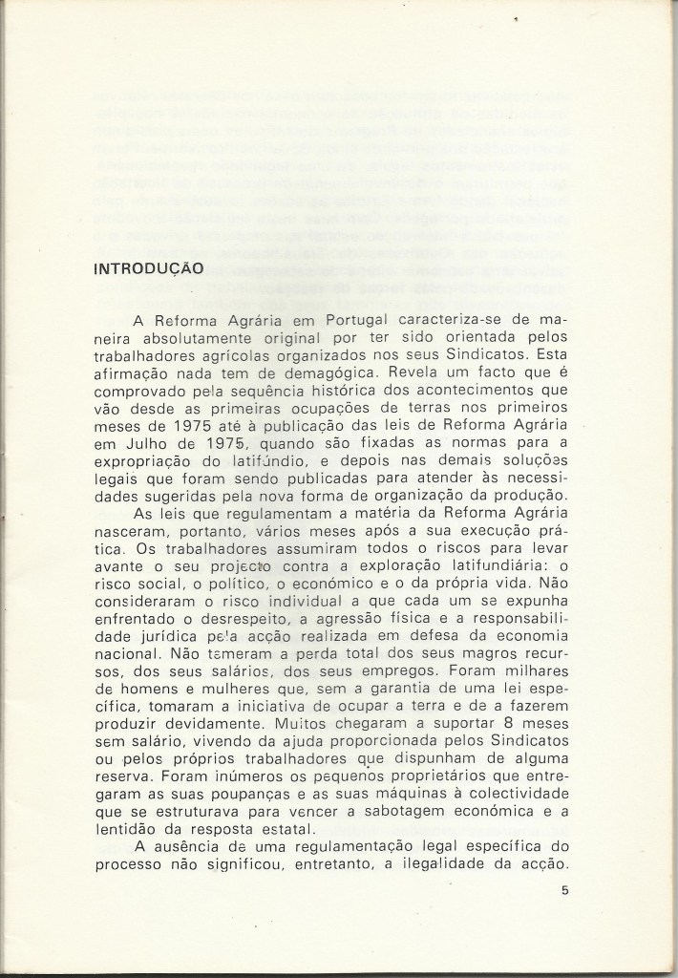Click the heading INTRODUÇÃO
146,269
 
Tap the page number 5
566,892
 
